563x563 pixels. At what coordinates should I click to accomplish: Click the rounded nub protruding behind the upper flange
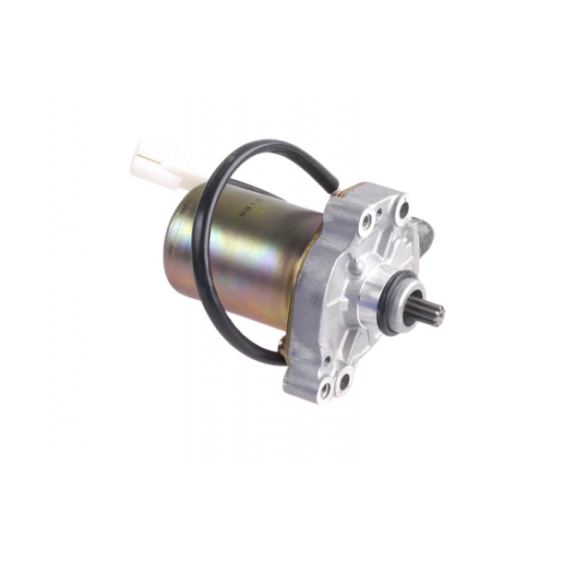click(x=424, y=226)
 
